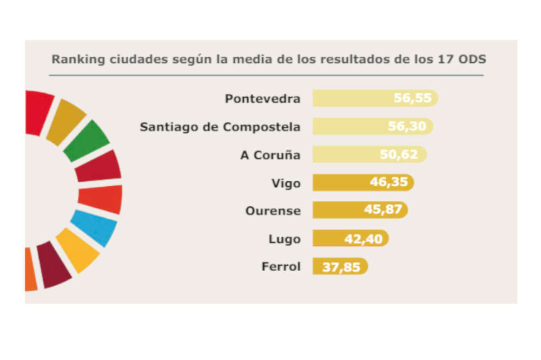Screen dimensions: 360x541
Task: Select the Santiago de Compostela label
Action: [220, 127]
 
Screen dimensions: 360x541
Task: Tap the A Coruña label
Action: [270, 155]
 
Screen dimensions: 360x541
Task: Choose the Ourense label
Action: [273, 211]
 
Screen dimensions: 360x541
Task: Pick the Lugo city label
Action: [284, 239]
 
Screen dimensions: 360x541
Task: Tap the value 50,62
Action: [399, 154]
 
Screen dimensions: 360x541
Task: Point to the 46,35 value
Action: [388, 182]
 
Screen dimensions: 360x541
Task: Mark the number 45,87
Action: [383, 210]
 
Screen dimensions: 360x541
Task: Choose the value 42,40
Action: [363, 238]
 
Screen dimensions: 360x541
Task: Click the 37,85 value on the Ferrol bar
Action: [341, 266]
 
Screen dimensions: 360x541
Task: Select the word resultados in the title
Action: [351, 59]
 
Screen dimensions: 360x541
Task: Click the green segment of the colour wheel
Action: [87, 140]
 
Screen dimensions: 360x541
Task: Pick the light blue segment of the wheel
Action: [94, 227]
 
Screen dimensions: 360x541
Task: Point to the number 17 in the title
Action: [442, 59]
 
